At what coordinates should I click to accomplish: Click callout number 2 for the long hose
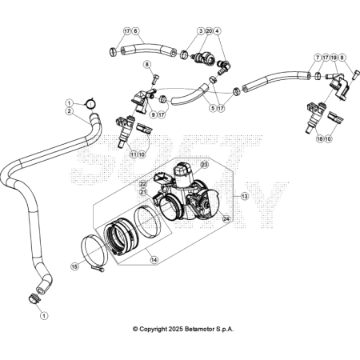click(x=70, y=111)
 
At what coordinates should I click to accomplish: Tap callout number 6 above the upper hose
click(x=135, y=31)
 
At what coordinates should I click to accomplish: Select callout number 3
click(x=201, y=31)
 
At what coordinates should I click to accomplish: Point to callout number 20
click(x=209, y=31)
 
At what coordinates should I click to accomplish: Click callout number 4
click(x=217, y=31)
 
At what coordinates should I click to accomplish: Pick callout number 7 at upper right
click(x=318, y=58)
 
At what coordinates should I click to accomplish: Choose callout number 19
click(x=334, y=58)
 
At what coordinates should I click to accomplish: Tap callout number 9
click(x=153, y=115)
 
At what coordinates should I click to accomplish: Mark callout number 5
click(x=213, y=108)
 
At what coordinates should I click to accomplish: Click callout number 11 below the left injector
click(x=134, y=154)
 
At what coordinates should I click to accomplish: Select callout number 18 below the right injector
click(x=320, y=138)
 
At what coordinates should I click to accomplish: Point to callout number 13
click(x=244, y=197)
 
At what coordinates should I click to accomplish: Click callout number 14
click(x=154, y=259)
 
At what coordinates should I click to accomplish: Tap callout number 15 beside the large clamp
click(x=75, y=266)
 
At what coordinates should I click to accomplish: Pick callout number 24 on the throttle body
click(x=226, y=219)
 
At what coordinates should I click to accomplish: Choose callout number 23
click(x=204, y=165)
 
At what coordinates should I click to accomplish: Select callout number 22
click(x=143, y=184)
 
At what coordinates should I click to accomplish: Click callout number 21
click(x=143, y=192)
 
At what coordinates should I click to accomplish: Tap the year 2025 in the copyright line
click(x=175, y=329)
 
